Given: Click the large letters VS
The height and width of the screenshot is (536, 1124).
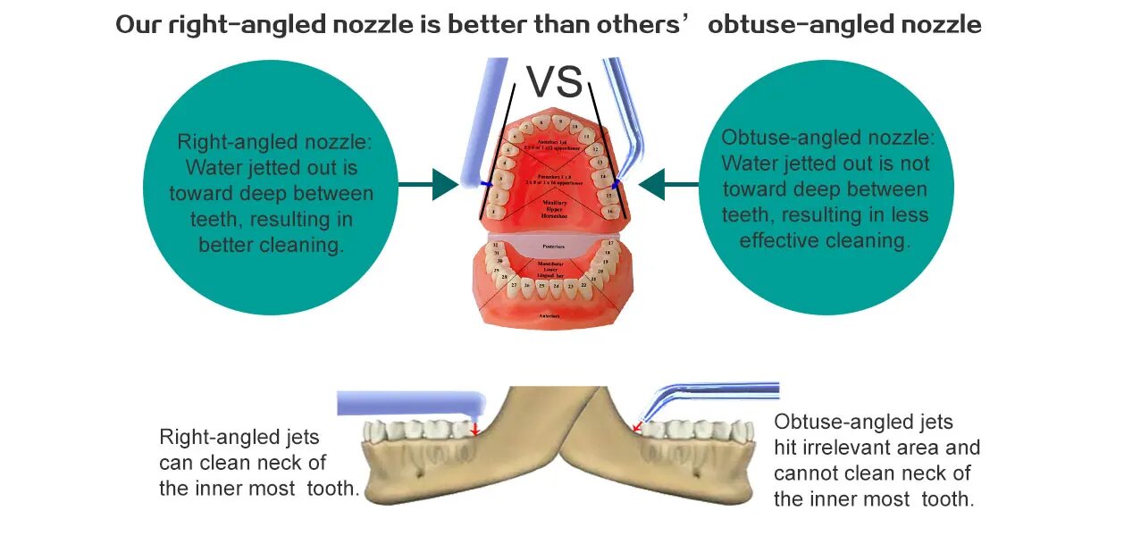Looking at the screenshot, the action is [x=555, y=81].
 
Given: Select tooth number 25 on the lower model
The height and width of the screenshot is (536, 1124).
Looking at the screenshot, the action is [x=541, y=286].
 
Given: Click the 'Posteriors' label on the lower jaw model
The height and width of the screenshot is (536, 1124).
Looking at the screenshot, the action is [x=555, y=244].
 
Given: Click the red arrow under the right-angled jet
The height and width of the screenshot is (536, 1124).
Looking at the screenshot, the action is [x=475, y=430].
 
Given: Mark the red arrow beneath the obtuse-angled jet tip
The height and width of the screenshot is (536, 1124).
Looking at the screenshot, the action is [x=636, y=428].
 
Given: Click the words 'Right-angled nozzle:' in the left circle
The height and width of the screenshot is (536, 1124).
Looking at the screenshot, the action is [x=273, y=142].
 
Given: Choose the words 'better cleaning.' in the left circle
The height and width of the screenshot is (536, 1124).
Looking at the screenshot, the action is [x=271, y=245].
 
